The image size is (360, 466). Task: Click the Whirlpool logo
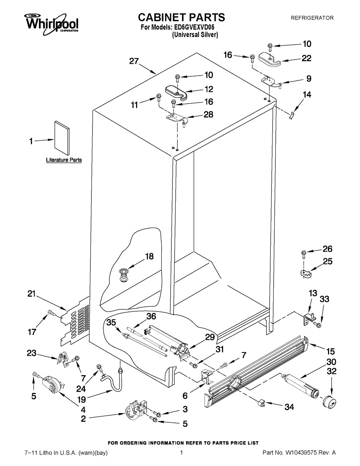(51, 23)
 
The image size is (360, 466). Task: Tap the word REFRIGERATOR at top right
(312, 18)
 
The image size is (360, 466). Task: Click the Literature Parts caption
(64, 160)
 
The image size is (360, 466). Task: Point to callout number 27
(134, 61)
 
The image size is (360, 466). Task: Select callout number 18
(149, 256)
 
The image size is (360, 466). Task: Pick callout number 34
(289, 407)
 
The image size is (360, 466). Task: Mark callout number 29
(210, 337)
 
